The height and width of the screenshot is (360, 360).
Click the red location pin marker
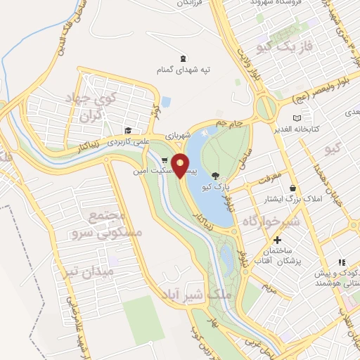pyautogui.click(x=181, y=165)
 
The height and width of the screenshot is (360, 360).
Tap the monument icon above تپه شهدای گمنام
pyautogui.click(x=184, y=58)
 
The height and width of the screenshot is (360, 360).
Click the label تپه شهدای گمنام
pyautogui.click(x=184, y=70)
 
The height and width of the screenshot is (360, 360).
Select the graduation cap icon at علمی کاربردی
pyautogui.click(x=128, y=130)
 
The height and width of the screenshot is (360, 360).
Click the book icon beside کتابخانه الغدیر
pyautogui.click(x=297, y=117)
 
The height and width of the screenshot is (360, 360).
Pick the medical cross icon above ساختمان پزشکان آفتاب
pyautogui.click(x=278, y=240)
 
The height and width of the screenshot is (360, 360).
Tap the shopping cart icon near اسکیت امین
pyautogui.click(x=165, y=160)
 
